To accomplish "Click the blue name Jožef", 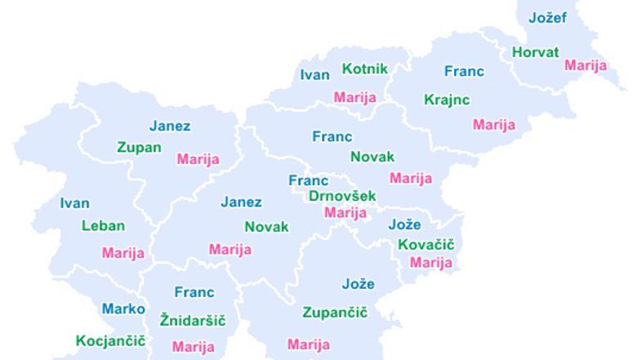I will point(546,18).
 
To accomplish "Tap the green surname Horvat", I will point(535,52).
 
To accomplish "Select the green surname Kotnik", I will point(364,69).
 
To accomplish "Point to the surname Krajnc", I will point(447,100).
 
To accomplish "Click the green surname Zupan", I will point(139,148).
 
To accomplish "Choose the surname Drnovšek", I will point(342,196).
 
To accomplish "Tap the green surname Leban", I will point(103,226).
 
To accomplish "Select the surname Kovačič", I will point(426,245).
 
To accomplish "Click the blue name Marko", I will point(123,309).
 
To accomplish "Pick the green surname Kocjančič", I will point(110,340).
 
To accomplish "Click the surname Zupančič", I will point(335,313).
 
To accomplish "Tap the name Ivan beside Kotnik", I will point(314,75).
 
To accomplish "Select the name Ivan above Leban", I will point(75,203).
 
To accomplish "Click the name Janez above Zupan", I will point(170,126).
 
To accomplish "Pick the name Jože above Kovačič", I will point(404,224).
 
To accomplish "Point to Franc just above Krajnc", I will point(464,71).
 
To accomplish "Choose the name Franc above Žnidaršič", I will point(194,291).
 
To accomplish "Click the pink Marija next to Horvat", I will point(586,65).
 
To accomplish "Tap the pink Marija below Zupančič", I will point(309,344).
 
